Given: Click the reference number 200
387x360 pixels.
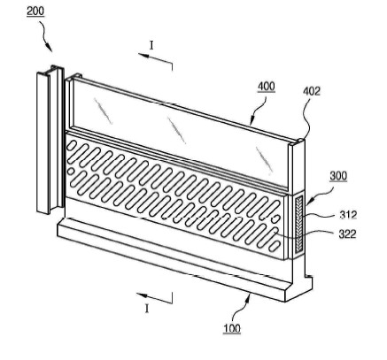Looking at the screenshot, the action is coord(35,11).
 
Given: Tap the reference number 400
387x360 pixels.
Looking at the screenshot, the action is coord(267,87).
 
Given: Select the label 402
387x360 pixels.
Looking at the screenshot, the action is coord(312,91).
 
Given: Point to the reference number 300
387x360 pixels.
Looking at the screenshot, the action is coord(338,176).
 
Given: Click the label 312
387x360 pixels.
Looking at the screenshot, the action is coord(347,215).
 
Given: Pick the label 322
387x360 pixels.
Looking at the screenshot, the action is coord(347,234).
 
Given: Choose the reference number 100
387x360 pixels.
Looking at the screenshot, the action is coord(232,328).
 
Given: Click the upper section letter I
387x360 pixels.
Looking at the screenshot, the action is coord(151,45).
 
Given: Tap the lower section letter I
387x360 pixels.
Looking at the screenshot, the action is coord(147,309).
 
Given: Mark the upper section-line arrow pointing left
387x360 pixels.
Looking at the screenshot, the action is coord(155,58).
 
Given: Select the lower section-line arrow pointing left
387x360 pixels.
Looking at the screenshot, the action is coord(154,298).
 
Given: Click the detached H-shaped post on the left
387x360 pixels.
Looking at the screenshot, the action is coord(50,139).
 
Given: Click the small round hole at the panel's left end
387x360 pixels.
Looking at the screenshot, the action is coord(71,172).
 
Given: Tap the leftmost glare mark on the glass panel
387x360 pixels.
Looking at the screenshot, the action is coord(104,111).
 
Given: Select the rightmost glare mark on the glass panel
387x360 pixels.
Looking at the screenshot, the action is coord(264,160).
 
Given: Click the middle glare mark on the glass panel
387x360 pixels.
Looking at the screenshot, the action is coord(177,130).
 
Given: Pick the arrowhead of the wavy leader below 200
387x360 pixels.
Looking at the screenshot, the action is coord(50,48).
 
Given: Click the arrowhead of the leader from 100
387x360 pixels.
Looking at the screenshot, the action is coord(250,296).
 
